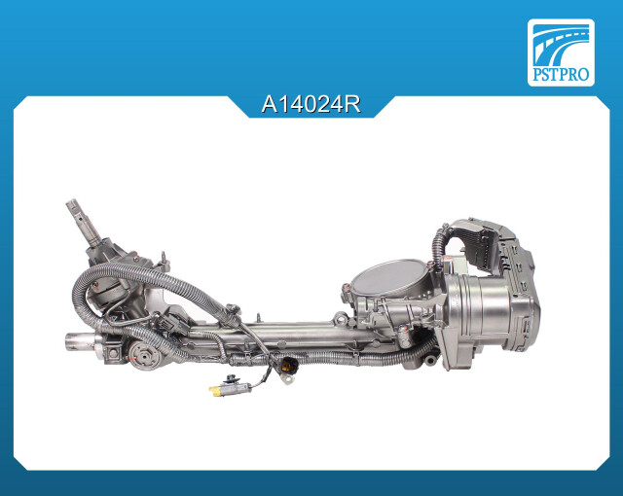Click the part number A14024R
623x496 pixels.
[x=311, y=104]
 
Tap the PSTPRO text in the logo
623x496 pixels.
[x=561, y=74]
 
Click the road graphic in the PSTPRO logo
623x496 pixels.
[x=561, y=44]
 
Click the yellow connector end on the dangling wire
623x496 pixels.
[x=215, y=391]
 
